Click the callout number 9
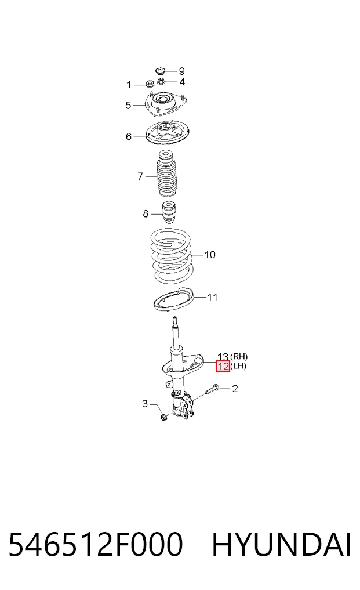pos(181,71)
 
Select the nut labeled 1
pos(150,84)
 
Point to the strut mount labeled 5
pos(166,103)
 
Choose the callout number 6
pos(129,136)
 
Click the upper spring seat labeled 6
pos(167,135)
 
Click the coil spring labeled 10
pos(171,256)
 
